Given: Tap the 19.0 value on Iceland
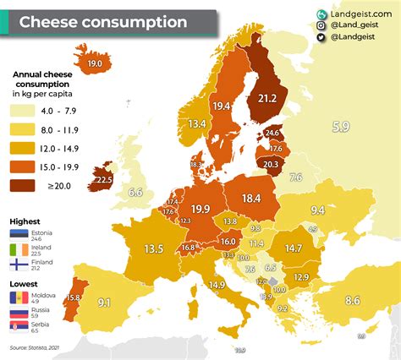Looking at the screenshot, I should (95, 63).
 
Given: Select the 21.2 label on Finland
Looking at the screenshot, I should (267, 99).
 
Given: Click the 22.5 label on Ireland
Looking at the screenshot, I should (104, 179).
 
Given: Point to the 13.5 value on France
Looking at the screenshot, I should (153, 249).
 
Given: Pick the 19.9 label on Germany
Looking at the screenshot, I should (200, 209).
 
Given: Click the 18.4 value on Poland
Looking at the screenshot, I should (251, 198).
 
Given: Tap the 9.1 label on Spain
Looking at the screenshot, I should (105, 302).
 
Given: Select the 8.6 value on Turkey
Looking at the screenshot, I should (352, 300).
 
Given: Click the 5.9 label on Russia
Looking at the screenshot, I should (340, 127).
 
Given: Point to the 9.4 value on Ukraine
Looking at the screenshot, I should (317, 210).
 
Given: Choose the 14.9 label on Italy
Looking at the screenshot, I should (217, 285).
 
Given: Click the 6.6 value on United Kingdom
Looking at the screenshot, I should (135, 193).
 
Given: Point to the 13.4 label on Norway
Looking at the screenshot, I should (197, 124).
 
